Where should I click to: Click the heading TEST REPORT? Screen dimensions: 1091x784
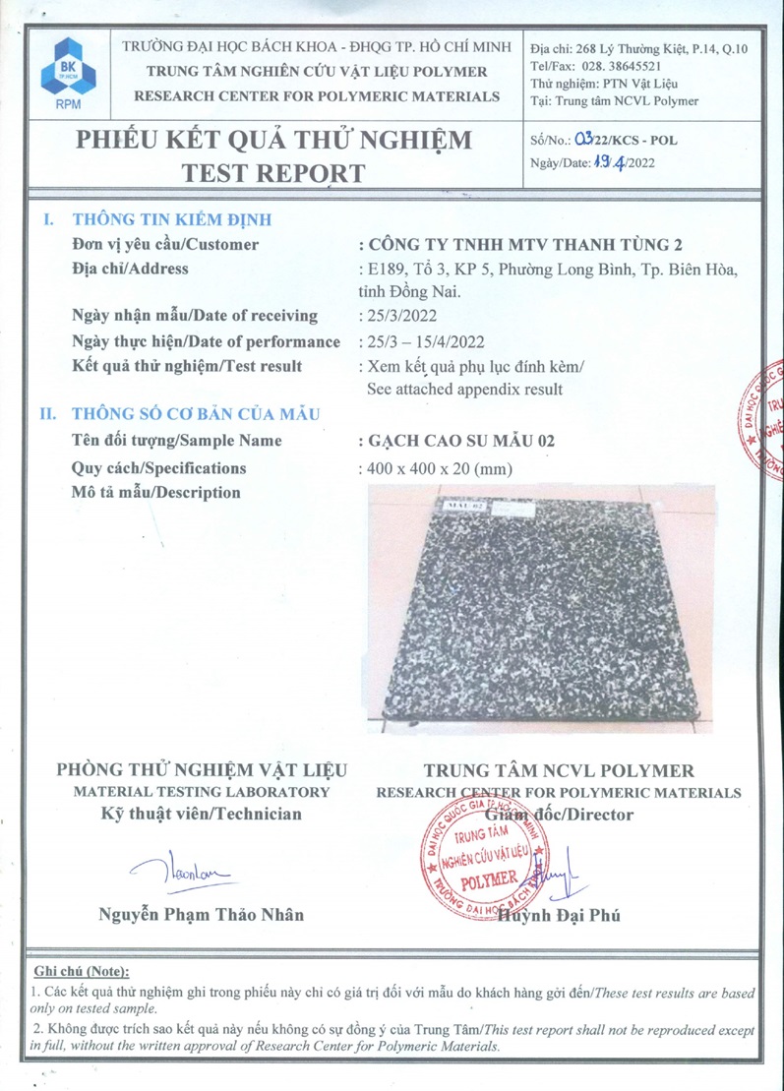pos(273,173)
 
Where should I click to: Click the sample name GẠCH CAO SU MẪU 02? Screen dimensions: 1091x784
pos(457,442)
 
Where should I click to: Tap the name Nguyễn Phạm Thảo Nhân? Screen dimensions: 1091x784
pos(202,914)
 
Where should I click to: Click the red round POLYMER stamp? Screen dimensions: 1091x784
pos(484,864)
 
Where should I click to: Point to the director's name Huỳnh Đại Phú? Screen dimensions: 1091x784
pos(561,916)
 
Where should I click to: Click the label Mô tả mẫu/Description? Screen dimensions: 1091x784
pos(156,493)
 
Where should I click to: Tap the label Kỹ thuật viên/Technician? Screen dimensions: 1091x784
pos(203,814)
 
